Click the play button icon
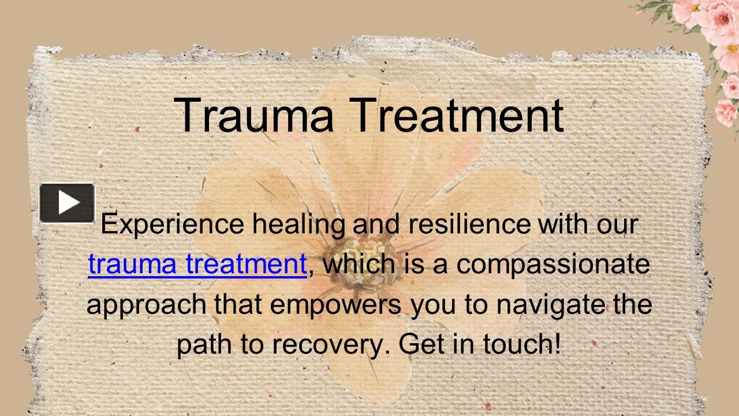(x=67, y=203)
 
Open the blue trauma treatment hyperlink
(x=197, y=264)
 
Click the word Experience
(x=172, y=224)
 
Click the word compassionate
(x=553, y=264)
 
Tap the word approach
(x=147, y=304)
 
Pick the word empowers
(x=336, y=304)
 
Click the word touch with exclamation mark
(x=522, y=344)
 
